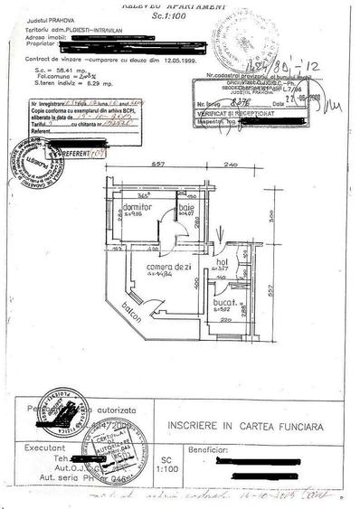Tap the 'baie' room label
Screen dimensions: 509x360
coord(186,208)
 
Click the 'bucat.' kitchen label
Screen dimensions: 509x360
coord(223,303)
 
